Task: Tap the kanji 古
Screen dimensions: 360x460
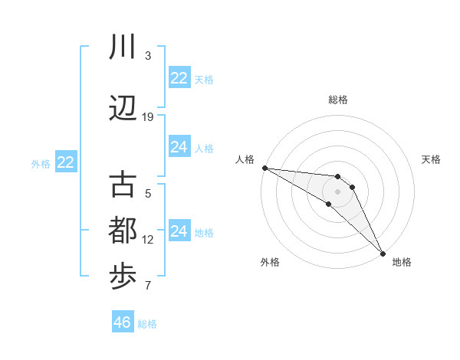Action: (x=123, y=185)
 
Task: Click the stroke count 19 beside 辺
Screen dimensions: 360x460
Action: (x=148, y=116)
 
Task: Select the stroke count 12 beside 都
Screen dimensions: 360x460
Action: (x=148, y=240)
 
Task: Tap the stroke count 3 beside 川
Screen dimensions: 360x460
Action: (x=148, y=56)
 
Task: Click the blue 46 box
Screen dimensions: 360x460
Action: (x=123, y=322)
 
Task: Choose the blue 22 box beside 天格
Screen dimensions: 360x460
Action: (x=179, y=78)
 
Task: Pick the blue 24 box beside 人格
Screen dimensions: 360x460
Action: (x=179, y=147)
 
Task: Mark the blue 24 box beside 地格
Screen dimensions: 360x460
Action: (x=179, y=231)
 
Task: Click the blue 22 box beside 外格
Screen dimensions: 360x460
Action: (x=66, y=162)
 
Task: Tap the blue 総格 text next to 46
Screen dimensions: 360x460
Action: (x=147, y=324)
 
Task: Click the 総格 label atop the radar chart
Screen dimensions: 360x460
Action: (x=338, y=100)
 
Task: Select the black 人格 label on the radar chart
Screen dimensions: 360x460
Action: (x=245, y=159)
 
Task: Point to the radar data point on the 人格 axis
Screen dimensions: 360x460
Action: (x=264, y=168)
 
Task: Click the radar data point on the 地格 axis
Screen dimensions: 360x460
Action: (x=383, y=252)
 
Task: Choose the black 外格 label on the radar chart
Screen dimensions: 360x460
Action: (x=270, y=262)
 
